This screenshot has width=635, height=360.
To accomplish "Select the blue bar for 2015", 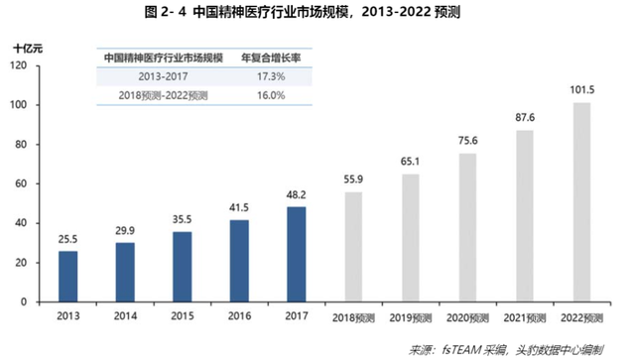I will pos(182,267).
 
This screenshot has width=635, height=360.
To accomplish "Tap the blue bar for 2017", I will pos(297,254).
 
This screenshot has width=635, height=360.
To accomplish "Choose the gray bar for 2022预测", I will pos(582,202).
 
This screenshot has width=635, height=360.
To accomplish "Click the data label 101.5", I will pos(582,91).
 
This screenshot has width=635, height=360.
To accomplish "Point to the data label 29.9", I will pos(125,230).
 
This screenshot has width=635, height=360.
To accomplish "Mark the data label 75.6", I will pos(468,141).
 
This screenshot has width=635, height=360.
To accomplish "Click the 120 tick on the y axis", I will pos(19,65).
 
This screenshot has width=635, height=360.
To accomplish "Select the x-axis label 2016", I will pos(239,316).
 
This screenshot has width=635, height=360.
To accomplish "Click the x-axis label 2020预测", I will pos(468,316).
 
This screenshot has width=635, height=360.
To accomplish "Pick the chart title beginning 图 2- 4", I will pos(317,13).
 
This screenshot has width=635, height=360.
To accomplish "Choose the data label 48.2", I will pos(297,194).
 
